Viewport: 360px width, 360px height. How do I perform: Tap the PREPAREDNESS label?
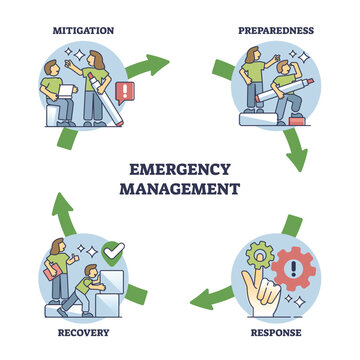coord(277,31)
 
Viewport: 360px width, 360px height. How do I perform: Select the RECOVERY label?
coord(84,331)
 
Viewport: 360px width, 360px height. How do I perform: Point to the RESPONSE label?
coord(276,331)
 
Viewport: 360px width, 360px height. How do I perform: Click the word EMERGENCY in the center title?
coord(180,168)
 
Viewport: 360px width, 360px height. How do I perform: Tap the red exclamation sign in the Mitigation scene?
coord(125,96)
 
